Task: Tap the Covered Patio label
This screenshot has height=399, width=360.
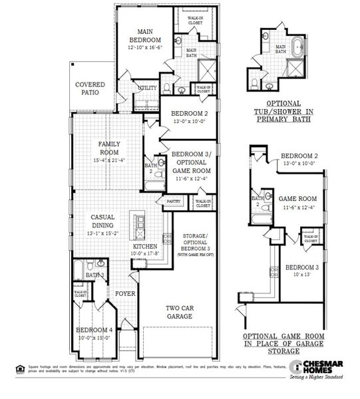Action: coord(90,89)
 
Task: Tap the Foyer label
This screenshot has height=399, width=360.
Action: coord(125,293)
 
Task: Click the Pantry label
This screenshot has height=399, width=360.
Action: coord(174,200)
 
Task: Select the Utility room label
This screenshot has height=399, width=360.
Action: coord(147,88)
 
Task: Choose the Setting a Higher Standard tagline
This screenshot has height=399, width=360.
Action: coord(319,378)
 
